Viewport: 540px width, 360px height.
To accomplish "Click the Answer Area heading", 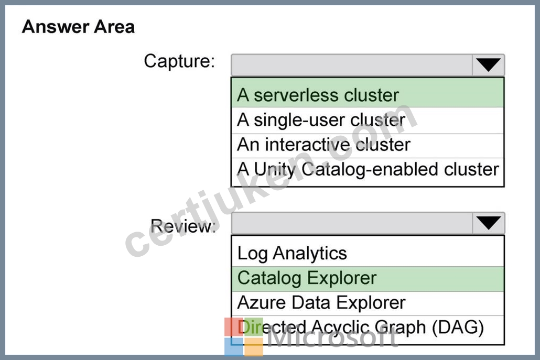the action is (x=78, y=27).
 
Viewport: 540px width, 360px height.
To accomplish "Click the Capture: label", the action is (x=179, y=61).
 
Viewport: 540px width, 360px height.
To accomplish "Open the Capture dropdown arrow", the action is (x=488, y=64).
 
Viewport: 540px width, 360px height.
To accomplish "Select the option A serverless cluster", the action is (x=318, y=95).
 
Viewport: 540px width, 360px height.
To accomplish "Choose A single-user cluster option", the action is (x=321, y=120).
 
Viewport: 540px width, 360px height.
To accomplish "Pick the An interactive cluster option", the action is (x=323, y=144).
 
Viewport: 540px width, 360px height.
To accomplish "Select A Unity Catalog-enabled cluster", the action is (x=368, y=169).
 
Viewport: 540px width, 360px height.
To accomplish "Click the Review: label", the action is (x=183, y=226).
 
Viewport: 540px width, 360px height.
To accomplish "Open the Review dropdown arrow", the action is (x=488, y=223).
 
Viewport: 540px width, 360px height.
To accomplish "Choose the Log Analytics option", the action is (x=292, y=253).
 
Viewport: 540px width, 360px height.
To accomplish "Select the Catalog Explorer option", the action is (x=307, y=278).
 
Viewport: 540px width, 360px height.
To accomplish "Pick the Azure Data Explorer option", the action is (x=321, y=302).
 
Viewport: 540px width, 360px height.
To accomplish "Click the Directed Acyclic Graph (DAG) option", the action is (x=361, y=327).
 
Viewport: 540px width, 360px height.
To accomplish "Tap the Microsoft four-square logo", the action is (x=243, y=337).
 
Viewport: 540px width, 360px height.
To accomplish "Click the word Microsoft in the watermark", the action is (x=332, y=337).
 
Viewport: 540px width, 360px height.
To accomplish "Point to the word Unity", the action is (x=275, y=169).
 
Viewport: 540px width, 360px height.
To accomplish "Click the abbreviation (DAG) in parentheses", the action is (x=458, y=327).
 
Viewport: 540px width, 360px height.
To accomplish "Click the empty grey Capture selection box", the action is (x=352, y=64).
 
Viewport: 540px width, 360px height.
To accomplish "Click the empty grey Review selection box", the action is (x=352, y=223).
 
